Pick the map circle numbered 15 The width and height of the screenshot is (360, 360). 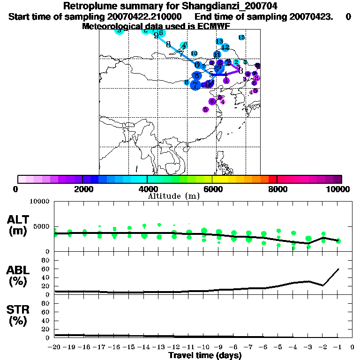pos(241,37)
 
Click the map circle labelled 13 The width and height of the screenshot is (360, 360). pos(219,42)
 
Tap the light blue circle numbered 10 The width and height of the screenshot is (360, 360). pos(194,53)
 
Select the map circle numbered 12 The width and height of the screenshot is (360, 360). pos(225,47)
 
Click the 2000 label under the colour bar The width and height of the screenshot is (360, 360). pos(82,189)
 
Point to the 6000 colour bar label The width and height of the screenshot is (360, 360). pos(212,189)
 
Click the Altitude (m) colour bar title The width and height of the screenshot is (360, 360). pos(173,196)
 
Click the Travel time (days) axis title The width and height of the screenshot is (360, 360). pos(205,355)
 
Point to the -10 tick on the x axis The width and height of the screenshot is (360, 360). pos(204,347)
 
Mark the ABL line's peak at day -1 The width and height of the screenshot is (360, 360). pos(338,269)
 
